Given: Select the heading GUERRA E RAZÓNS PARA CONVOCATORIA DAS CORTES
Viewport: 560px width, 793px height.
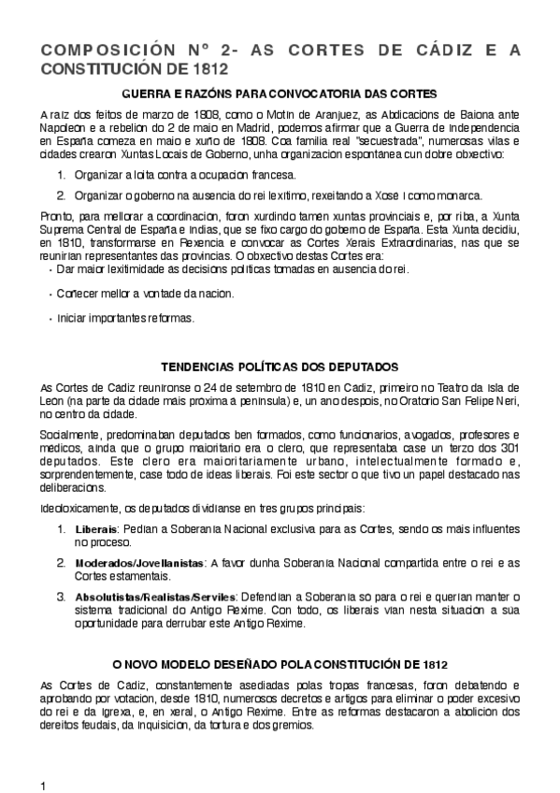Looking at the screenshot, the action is point(280,94).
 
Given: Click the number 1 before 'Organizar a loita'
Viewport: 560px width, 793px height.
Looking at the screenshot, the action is point(61,175).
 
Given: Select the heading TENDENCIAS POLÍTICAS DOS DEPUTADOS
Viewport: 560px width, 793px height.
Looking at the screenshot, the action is point(280,367).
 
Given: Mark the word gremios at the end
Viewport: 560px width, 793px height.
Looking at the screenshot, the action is point(299,725).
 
